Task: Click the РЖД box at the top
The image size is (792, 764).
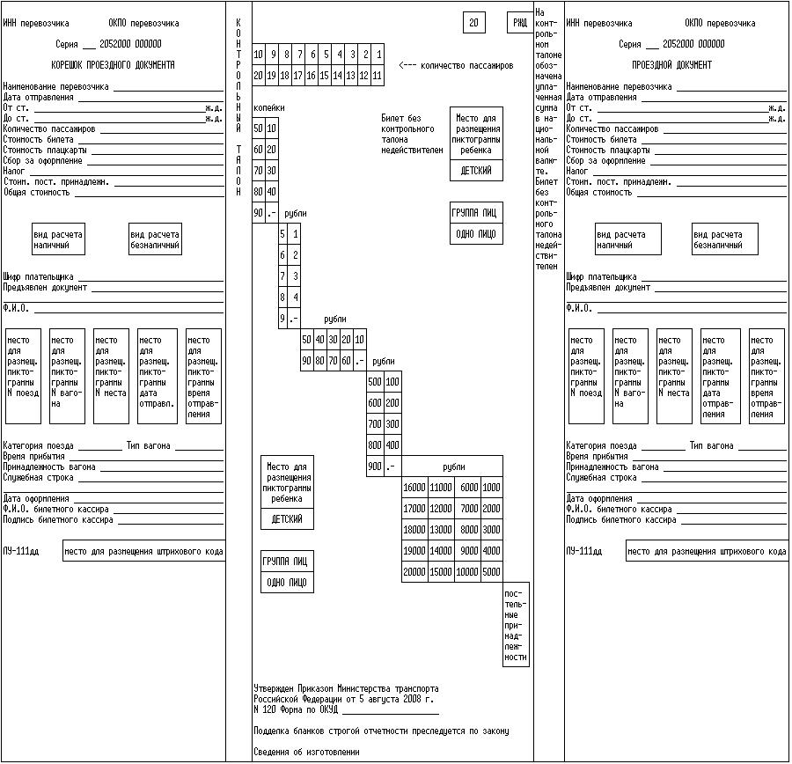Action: pos(520,23)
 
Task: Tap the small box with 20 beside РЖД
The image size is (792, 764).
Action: pos(473,23)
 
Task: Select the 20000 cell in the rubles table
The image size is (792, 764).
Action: pos(414,571)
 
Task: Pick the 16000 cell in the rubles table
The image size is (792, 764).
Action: pos(414,487)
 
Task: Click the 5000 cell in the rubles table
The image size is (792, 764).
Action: pos(491,571)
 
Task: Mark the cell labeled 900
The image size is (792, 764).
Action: pos(375,466)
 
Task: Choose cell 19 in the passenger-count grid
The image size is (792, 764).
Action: pos(272,76)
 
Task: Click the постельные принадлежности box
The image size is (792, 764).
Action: pos(516,624)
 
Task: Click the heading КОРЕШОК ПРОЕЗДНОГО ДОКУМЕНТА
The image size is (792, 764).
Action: pos(113,65)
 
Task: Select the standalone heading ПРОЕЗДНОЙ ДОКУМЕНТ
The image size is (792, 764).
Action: pos(672,65)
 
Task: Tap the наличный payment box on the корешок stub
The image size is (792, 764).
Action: pos(59,239)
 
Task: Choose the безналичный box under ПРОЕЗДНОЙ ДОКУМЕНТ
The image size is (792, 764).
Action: pos(717,239)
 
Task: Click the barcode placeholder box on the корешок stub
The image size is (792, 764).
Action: pos(143,552)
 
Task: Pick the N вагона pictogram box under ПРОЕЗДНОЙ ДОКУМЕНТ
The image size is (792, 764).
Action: pos(630,376)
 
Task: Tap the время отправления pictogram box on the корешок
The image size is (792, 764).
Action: pos(203,376)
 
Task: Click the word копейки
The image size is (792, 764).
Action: pos(269,107)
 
